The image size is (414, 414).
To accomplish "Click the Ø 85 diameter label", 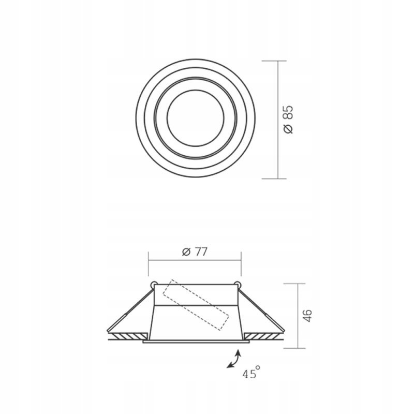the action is tap(288, 120).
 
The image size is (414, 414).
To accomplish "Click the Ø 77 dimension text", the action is tap(195, 252).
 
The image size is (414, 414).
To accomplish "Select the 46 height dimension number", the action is tap(307, 316).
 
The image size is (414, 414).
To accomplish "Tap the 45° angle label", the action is tap(252, 373).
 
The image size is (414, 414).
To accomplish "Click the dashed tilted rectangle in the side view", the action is tap(196, 305).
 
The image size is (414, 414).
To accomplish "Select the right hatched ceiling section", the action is tap(262, 336).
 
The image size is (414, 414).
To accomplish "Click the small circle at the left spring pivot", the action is tap(153, 285).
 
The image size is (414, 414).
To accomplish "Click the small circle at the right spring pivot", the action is tap(238, 285).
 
